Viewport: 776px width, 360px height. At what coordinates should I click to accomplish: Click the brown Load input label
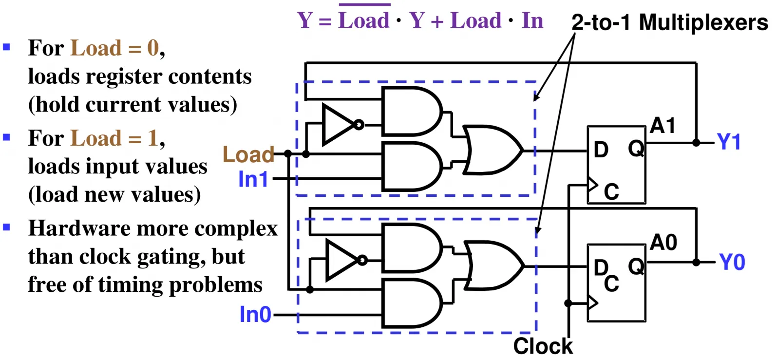pyautogui.click(x=248, y=154)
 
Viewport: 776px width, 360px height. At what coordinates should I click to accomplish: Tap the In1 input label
pyautogui.click(x=253, y=179)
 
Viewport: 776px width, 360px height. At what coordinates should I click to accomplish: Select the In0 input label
pyautogui.click(x=255, y=315)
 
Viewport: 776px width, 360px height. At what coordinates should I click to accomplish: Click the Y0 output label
pyautogui.click(x=732, y=262)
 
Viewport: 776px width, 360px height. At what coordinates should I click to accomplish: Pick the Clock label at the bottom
pyautogui.click(x=543, y=346)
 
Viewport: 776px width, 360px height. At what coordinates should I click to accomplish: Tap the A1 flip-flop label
pyautogui.click(x=662, y=125)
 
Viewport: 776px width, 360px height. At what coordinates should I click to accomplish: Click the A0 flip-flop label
pyautogui.click(x=663, y=242)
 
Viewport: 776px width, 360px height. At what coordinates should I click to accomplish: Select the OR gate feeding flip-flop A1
pyautogui.click(x=492, y=150)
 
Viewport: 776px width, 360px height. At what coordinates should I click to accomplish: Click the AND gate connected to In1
pyautogui.click(x=412, y=166)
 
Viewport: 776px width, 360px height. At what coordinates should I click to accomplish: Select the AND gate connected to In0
pyautogui.click(x=412, y=303)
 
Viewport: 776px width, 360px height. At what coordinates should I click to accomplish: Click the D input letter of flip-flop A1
pyautogui.click(x=601, y=150)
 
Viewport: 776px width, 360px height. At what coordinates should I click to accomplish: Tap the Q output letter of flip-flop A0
pyautogui.click(x=636, y=266)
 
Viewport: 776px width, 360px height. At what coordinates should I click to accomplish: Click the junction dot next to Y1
pyautogui.click(x=696, y=142)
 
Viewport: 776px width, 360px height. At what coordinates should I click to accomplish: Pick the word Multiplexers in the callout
pyautogui.click(x=703, y=22)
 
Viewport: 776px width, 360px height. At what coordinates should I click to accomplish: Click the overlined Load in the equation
pyautogui.click(x=364, y=20)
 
